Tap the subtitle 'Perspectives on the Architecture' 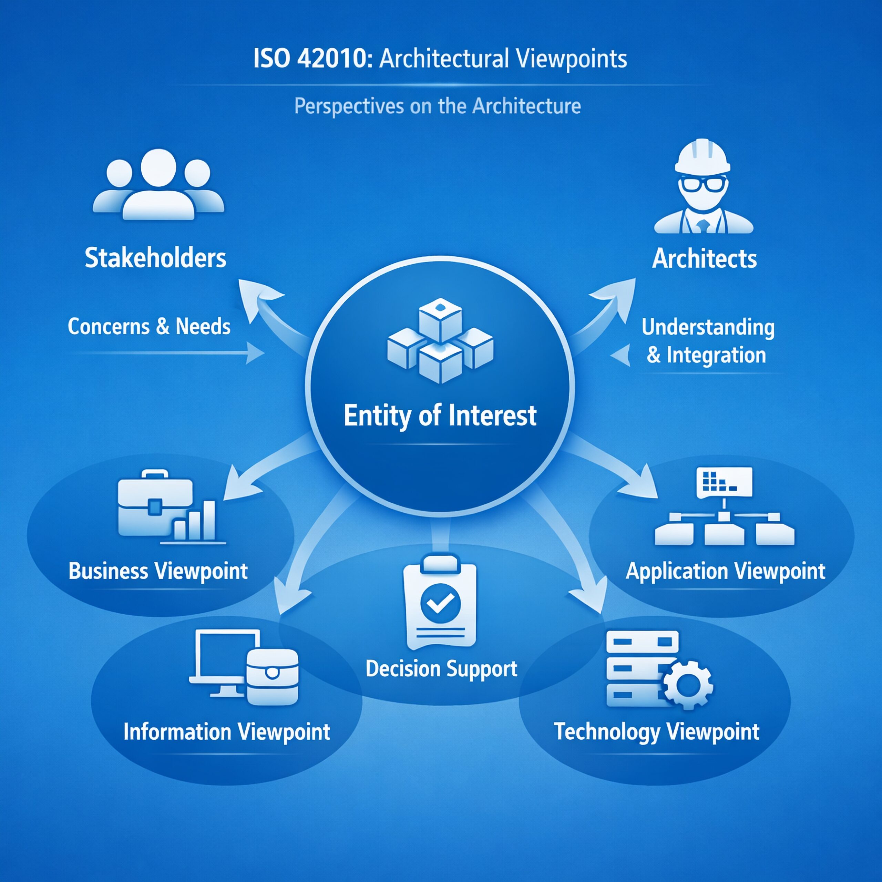437,106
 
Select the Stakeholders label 155,258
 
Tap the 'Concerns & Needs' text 149,326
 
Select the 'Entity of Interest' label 440,416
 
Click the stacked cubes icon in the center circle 440,340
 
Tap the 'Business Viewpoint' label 158,571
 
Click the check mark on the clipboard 440,603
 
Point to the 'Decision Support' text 441,669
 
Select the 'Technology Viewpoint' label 656,731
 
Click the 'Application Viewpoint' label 726,571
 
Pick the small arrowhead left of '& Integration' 622,355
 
